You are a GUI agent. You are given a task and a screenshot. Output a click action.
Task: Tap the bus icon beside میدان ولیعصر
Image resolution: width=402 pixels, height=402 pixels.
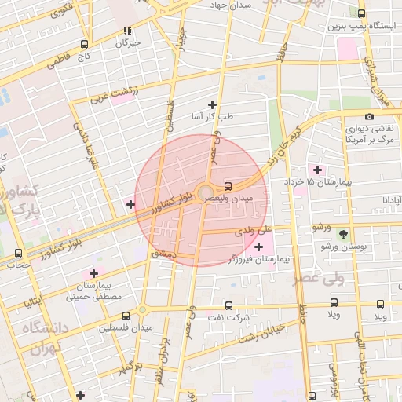[228, 186]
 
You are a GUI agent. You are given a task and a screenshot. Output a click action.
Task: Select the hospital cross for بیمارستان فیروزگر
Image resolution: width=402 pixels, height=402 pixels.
[258, 247]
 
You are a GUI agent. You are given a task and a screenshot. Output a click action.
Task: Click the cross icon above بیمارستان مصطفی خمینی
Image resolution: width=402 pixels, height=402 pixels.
[94, 273]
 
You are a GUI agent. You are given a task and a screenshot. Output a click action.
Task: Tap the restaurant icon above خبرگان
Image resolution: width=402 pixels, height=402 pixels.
[127, 31]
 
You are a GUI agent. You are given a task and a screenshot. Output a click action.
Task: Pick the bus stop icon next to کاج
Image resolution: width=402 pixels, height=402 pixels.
[84, 45]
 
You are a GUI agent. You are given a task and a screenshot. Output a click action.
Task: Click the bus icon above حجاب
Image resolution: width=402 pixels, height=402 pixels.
[18, 253]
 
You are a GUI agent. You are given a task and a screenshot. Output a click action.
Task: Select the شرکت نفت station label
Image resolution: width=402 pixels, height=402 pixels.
[228, 317]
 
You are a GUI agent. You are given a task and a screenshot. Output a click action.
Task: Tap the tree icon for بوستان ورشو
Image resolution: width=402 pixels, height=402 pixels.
[342, 234]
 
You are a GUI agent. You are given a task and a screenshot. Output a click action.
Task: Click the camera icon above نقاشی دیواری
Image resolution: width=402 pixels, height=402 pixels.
[369, 116]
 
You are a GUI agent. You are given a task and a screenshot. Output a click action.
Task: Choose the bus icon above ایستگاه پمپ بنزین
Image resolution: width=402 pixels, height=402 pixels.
[361, 13]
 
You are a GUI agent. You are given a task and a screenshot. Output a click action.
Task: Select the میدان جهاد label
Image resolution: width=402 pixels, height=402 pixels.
[229, 5]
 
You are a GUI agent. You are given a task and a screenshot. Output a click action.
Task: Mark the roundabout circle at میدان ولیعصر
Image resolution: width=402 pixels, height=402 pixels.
[205, 192]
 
